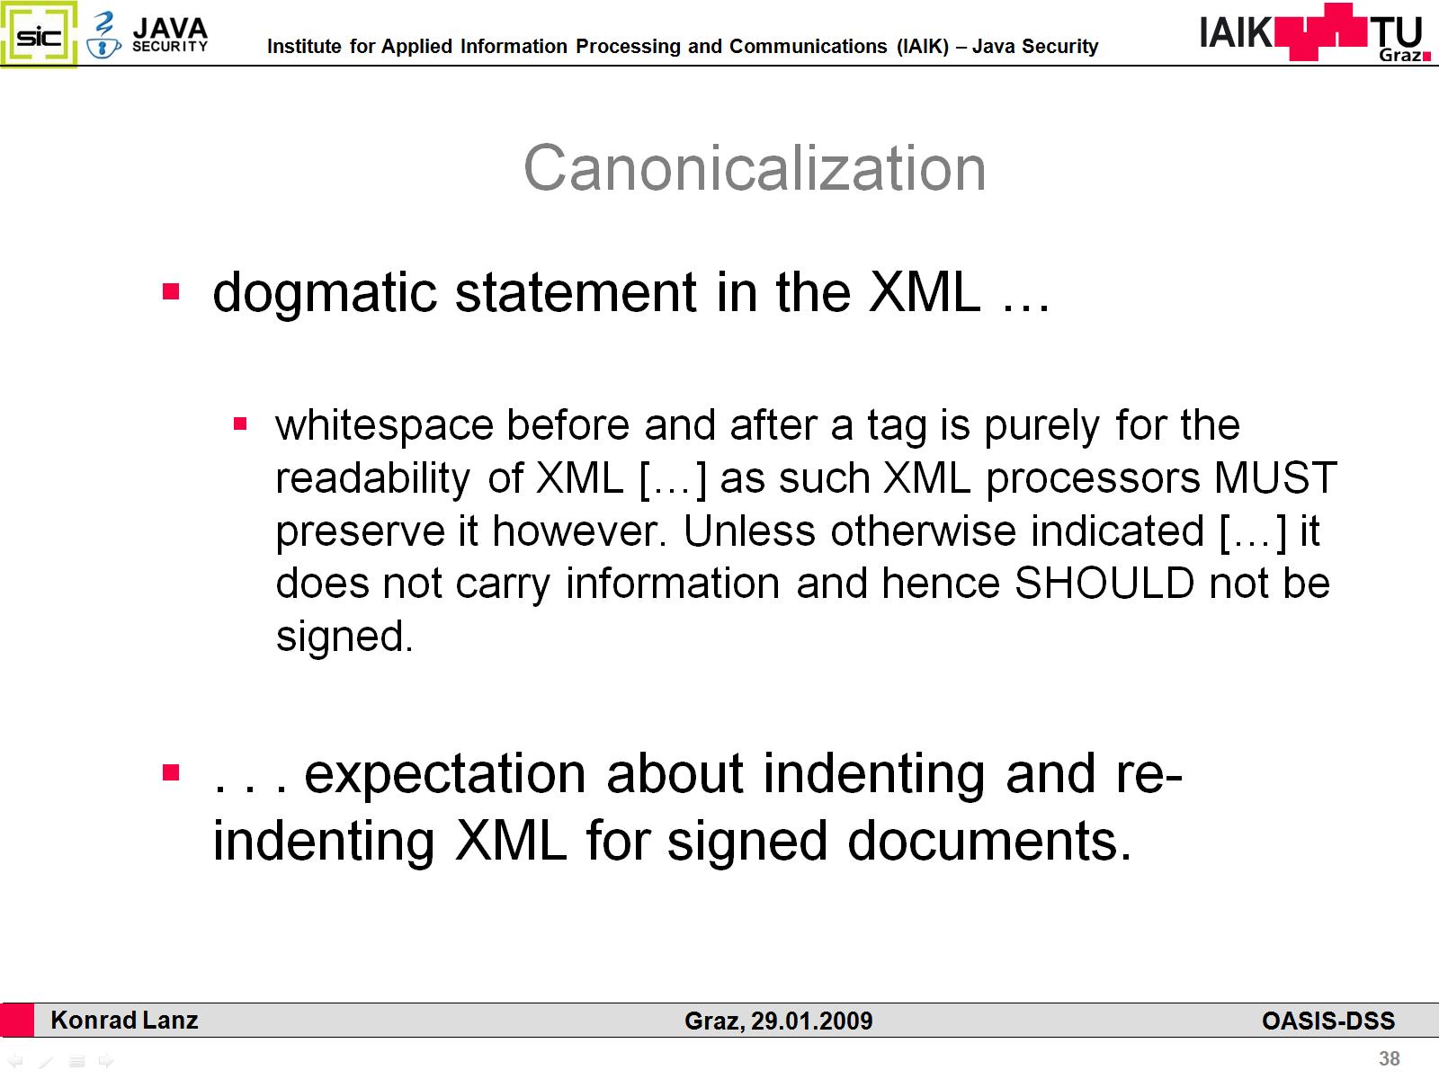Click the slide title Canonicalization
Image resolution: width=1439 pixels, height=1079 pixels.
[x=755, y=168]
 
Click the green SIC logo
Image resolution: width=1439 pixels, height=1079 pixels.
[x=39, y=34]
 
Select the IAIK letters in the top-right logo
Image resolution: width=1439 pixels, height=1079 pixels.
[x=1236, y=32]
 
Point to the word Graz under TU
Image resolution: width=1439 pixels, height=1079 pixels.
[x=1400, y=55]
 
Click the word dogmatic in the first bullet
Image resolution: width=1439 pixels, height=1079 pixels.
[x=325, y=294]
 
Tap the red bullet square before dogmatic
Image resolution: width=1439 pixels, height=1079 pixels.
[x=171, y=290]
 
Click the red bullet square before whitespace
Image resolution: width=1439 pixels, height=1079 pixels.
[x=240, y=424]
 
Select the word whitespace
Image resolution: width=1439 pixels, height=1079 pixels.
[x=384, y=426]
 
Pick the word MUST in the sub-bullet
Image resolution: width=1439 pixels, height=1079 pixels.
[x=1275, y=477]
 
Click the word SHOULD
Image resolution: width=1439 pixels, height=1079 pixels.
[x=1104, y=583]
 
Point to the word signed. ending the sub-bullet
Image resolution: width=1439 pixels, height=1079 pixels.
[x=344, y=638]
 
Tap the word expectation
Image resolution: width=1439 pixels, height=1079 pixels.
[x=445, y=776]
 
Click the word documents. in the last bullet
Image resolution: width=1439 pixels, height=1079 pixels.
[x=989, y=842]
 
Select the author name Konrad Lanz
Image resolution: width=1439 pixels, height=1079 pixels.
[x=124, y=1020]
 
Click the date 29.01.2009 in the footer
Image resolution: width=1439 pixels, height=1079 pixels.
[x=811, y=1021]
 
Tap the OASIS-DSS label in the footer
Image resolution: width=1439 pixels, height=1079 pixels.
[x=1328, y=1021]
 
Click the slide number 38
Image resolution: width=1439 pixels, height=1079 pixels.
[x=1390, y=1058]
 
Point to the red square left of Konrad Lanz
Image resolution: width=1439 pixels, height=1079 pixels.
[x=17, y=1020]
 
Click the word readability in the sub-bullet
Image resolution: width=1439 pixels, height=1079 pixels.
[x=373, y=479]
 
